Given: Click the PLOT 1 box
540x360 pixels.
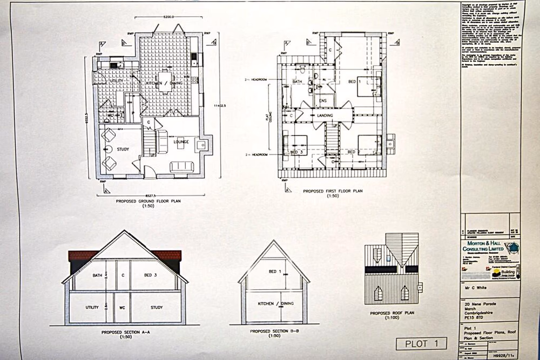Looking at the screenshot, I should pos(421,343).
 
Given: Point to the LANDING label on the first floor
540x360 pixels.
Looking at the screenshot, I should pos(325,116).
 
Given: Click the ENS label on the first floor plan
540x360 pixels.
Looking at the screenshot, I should pos(324,101).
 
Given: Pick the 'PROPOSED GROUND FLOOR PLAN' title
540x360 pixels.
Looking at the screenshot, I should pos(148,201).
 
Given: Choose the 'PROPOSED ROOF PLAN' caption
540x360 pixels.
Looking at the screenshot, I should pos(393,313).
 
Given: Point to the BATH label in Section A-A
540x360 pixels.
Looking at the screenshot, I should pos(97,275).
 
